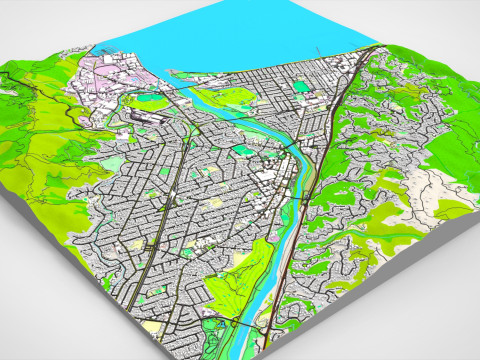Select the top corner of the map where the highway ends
[x=376, y=45]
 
